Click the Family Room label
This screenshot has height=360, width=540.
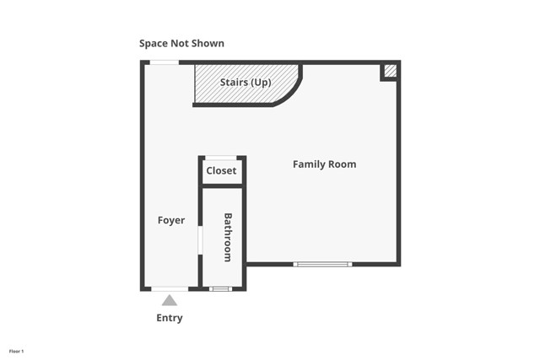coord(324,164)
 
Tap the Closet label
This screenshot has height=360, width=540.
coord(221,171)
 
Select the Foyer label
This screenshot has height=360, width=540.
coord(171,221)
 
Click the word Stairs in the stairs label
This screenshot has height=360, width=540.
coord(234,83)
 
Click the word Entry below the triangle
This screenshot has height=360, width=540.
coord(169,318)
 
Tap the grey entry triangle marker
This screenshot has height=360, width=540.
coord(170,300)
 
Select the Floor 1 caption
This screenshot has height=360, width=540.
coord(17,350)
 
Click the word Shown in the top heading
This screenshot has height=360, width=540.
coord(208,43)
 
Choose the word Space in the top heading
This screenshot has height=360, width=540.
coord(155,43)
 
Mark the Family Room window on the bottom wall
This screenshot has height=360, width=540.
coord(321,265)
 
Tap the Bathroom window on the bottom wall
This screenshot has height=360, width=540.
coord(219,289)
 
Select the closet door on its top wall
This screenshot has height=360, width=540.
coord(221,158)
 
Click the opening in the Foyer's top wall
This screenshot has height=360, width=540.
coord(165,62)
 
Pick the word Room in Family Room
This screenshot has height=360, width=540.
coord(342,164)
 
